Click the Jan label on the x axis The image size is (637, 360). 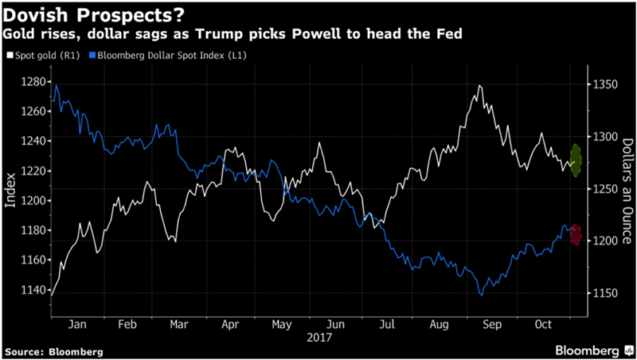pos(78,325)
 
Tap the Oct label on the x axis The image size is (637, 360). pos(544,325)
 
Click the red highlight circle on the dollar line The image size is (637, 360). pos(575,235)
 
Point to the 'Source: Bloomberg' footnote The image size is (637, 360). pos(54,350)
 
